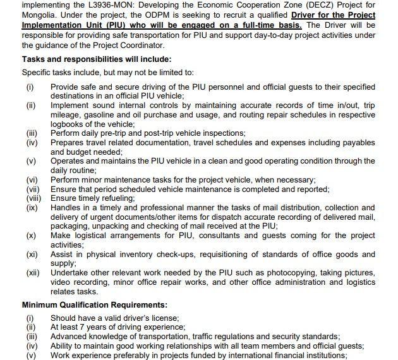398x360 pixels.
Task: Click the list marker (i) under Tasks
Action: click(x=30, y=85)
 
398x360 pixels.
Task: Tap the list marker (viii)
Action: click(x=33, y=198)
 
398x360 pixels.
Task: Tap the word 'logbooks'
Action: click(x=69, y=124)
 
